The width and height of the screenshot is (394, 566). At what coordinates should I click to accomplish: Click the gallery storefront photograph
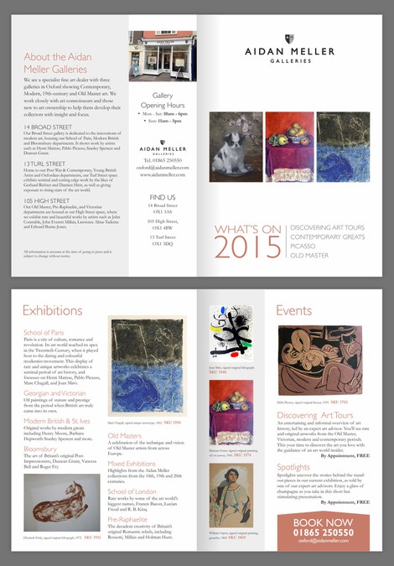[x=163, y=55]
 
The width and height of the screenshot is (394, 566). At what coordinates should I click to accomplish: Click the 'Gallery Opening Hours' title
[x=163, y=100]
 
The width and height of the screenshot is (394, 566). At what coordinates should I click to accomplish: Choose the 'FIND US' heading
[x=163, y=198]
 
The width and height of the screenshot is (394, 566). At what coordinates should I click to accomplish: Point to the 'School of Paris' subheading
[x=44, y=333]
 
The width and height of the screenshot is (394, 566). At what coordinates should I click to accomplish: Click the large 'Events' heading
[x=293, y=311]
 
